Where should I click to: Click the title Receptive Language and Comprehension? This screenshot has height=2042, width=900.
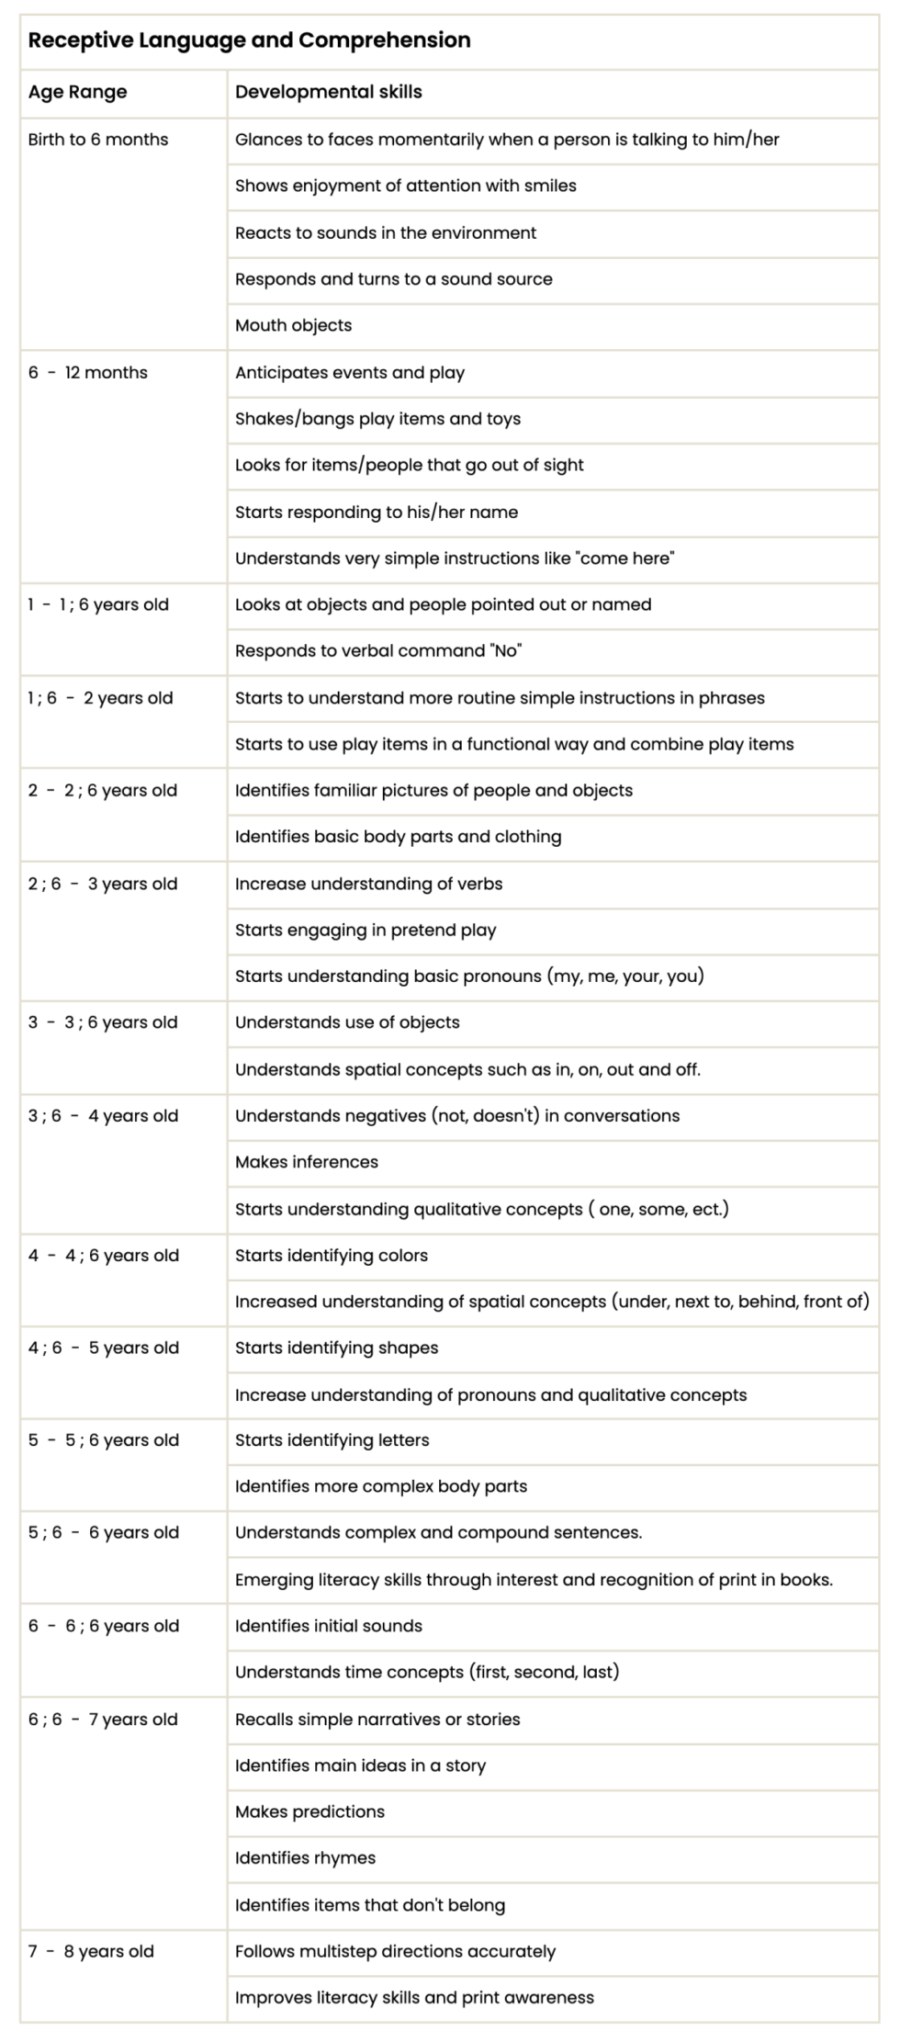[249, 40]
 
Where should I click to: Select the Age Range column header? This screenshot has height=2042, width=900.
[77, 92]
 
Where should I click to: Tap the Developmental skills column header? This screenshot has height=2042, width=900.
[328, 92]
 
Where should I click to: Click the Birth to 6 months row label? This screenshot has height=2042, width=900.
[98, 140]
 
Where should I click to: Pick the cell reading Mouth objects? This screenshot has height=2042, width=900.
[293, 325]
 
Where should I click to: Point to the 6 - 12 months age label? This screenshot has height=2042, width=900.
[88, 373]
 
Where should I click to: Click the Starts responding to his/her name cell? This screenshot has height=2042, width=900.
[377, 512]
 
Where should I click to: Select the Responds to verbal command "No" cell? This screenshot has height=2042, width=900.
[377, 650]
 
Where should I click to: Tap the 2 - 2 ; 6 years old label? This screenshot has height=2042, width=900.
[103, 790]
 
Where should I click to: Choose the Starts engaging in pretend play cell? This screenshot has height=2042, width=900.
[366, 930]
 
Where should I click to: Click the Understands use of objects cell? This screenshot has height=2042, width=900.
[347, 1022]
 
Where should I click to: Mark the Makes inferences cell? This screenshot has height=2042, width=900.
[307, 1162]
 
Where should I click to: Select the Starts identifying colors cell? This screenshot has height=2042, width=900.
[332, 1255]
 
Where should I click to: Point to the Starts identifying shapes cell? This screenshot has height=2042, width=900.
[336, 1348]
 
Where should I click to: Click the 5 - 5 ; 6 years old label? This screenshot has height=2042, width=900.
[104, 1440]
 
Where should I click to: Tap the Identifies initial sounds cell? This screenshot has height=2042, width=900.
[329, 1626]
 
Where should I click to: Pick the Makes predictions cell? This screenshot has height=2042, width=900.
[309, 1811]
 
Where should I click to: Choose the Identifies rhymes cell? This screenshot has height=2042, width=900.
[305, 1857]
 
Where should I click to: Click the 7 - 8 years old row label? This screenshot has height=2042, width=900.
[91, 1951]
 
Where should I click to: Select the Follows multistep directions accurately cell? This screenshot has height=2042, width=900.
[395, 1951]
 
